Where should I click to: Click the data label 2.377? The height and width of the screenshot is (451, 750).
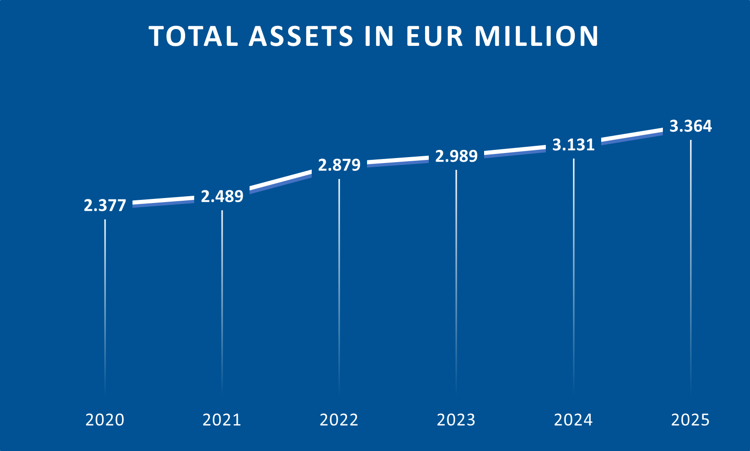[x=105, y=206]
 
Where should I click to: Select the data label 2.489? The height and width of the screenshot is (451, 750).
[x=222, y=196]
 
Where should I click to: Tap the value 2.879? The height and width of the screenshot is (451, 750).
[x=339, y=165]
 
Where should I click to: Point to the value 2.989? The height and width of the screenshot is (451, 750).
[x=456, y=156]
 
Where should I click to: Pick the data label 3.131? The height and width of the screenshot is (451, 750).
[x=573, y=145]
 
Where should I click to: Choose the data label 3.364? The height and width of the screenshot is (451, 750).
[x=691, y=126]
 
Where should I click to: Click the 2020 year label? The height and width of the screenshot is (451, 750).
[x=105, y=420]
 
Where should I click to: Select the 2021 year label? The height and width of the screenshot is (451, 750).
[x=222, y=420]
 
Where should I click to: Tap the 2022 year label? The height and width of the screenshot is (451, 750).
[x=339, y=420]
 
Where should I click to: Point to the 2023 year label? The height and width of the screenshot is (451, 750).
[x=456, y=420]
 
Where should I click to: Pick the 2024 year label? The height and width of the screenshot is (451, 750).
[x=573, y=420]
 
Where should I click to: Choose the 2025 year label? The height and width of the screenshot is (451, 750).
[x=690, y=420]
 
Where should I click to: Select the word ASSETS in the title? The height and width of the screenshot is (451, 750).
[x=301, y=36]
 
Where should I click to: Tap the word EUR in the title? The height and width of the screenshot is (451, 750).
[x=434, y=36]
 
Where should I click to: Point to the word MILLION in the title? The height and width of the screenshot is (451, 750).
[x=537, y=36]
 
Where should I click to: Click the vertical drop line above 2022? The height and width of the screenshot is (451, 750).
[x=339, y=282]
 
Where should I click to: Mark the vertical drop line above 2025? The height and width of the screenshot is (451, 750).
[x=691, y=263]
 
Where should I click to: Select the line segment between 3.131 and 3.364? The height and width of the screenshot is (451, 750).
[x=632, y=136]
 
